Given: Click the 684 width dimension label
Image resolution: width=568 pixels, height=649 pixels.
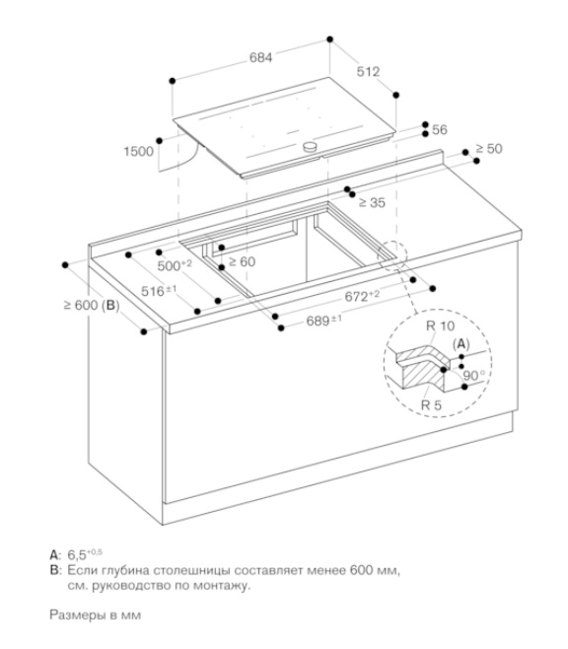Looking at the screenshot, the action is coord(260,57).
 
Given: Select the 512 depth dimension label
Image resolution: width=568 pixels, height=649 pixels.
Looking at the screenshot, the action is coord(368,72).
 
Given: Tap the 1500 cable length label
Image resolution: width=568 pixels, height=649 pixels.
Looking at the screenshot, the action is coord(139,152).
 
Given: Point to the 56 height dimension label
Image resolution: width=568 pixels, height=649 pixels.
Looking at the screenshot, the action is coord(440,129).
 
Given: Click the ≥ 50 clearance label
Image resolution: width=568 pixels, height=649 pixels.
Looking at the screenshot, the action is coord(489,148).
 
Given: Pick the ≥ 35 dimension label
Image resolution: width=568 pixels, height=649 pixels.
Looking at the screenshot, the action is coord(372,202).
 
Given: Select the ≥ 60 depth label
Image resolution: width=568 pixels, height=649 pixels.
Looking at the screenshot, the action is coord(242,261).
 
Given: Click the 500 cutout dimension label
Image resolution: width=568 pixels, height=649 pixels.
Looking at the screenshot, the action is coord(175,265).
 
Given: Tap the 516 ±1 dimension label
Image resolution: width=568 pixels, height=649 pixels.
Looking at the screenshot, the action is coord(159,291).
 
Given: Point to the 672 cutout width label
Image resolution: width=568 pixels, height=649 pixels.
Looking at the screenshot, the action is coord(362,296).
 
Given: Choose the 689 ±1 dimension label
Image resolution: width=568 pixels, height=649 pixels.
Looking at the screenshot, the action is coord(323,320).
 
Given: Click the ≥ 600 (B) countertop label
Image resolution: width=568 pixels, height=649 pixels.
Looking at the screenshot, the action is coord(92,306).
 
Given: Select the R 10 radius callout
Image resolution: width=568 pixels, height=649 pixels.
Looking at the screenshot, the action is coord(440,326).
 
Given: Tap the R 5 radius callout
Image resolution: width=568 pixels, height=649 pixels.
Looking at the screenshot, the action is coord(431,404).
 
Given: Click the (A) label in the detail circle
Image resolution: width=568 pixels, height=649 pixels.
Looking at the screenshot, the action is coord(461,344).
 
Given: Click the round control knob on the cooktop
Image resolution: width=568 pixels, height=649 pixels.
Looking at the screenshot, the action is coord(310,146).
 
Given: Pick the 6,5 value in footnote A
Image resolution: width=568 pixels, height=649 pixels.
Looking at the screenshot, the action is coord(77,554).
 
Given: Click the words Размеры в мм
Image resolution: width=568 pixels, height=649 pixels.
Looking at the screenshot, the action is coord(95,614).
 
